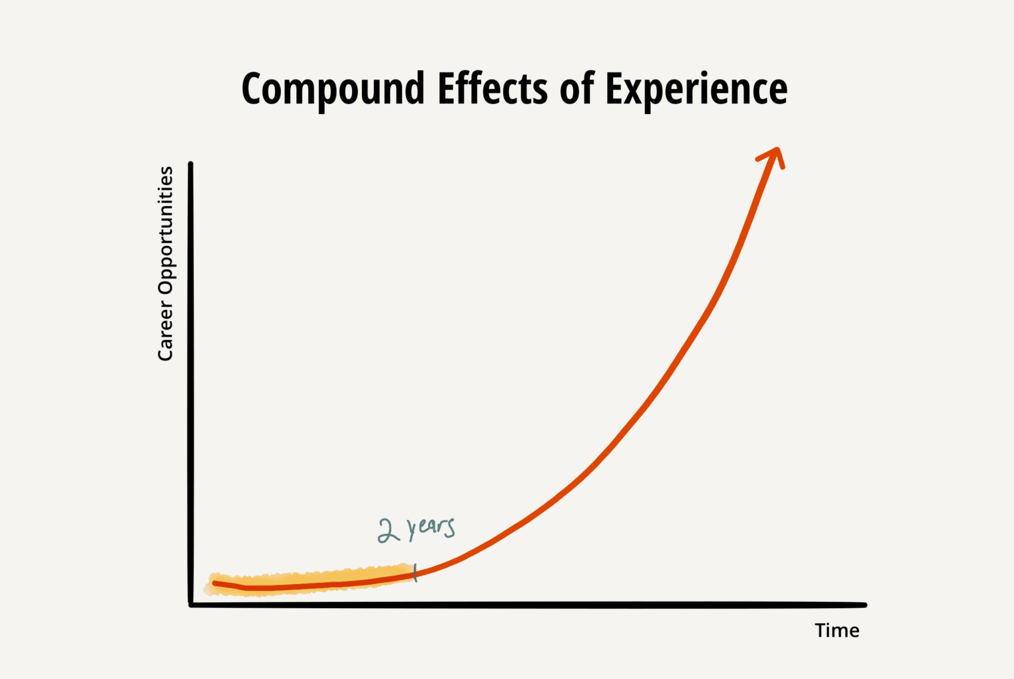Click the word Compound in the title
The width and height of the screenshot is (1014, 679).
click(x=332, y=90)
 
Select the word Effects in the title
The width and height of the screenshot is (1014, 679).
click(x=492, y=88)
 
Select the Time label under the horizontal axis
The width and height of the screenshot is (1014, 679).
click(x=837, y=631)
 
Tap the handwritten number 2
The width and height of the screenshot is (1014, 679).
click(x=388, y=530)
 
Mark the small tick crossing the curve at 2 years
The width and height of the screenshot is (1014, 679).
click(x=416, y=574)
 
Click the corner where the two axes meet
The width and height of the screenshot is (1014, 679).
click(x=191, y=604)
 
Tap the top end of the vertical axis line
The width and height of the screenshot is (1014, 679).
click(x=191, y=164)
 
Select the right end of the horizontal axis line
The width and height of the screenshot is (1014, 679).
click(x=864, y=605)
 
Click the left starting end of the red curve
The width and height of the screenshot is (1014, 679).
click(x=215, y=584)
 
